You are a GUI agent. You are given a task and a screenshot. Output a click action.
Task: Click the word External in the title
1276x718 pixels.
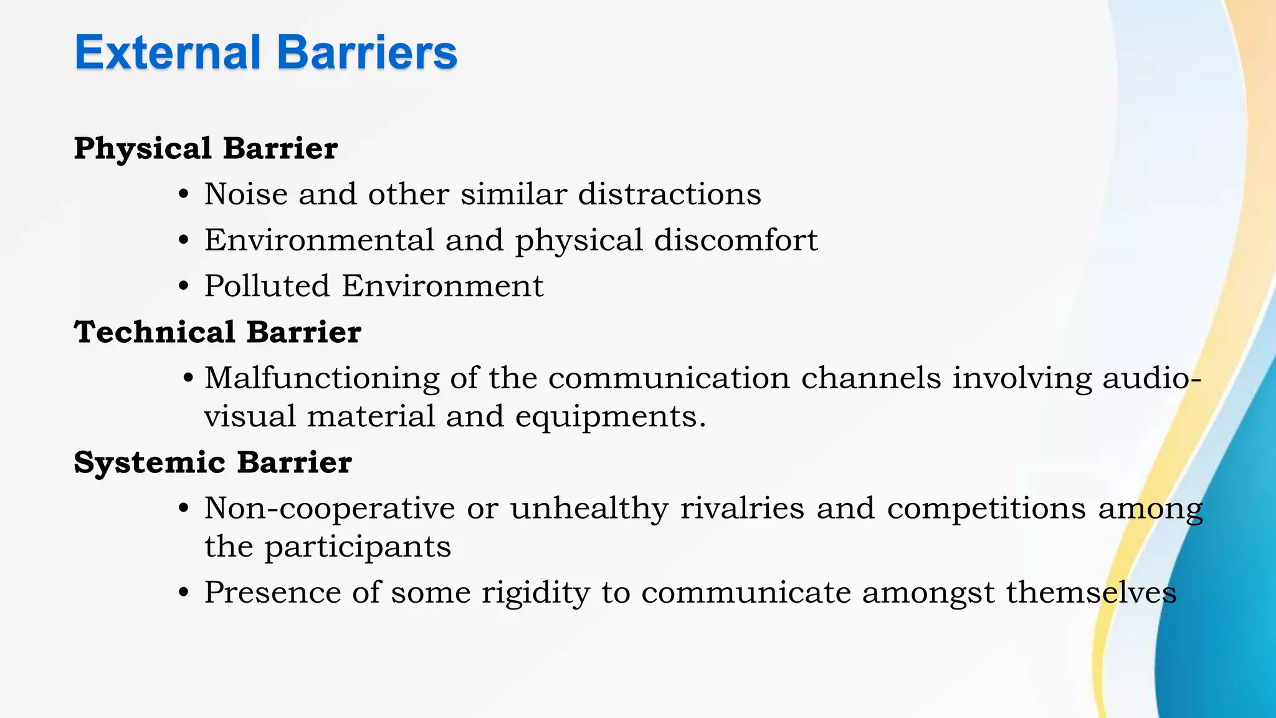[167, 52]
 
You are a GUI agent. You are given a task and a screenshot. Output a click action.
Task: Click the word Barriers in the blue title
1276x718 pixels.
[367, 52]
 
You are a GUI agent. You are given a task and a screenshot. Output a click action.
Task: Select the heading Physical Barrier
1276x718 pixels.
[206, 149]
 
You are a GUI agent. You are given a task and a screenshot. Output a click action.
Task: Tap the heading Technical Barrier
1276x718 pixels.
[217, 332]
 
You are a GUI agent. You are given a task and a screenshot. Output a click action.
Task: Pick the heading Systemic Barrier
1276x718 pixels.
[212, 462]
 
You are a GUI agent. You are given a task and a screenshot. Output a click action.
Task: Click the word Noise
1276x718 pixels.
[245, 194]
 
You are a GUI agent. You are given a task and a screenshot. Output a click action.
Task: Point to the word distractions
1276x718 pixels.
[669, 194]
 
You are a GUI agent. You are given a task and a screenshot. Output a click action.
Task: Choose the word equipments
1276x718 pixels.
[605, 417]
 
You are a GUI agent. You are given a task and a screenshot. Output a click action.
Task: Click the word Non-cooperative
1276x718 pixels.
[330, 509]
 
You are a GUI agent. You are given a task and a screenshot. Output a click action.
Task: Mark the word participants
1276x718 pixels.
[357, 547]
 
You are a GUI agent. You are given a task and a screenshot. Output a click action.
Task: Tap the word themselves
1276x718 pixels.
[1091, 593]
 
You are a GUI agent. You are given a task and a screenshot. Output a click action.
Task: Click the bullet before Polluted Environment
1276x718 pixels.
[183, 287]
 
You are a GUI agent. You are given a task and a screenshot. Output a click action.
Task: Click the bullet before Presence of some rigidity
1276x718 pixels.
[183, 593]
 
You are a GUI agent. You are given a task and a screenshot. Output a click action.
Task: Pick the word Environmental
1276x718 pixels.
[319, 241]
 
